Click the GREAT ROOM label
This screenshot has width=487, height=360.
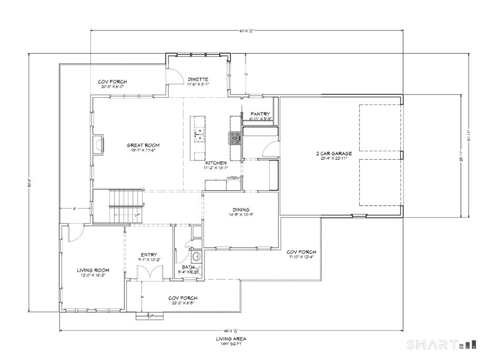coord(143,145)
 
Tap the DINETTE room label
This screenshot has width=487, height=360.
coord(198,79)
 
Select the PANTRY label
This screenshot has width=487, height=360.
coord(260,114)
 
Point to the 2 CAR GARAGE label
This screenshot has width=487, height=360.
coord(333,154)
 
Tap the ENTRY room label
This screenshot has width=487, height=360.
coord(148,255)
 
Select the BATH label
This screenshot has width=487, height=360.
coord(188,267)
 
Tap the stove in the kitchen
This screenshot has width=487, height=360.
coord(234,138)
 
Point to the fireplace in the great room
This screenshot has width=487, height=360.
coord(98,145)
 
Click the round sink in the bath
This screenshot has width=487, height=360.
coord(196,257)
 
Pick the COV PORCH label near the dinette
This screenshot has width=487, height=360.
coord(112,82)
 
